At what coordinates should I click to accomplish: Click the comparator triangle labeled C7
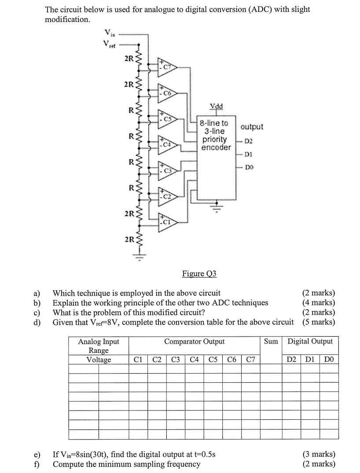(167, 67)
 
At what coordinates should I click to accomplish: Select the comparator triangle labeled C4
(167, 144)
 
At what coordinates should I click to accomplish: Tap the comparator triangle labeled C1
(167, 221)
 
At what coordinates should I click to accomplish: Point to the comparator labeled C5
(167, 118)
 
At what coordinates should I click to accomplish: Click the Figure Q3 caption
(199, 274)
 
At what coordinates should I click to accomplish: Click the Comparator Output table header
(194, 341)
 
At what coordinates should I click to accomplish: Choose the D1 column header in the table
(310, 359)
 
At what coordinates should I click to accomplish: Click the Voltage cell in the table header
(99, 359)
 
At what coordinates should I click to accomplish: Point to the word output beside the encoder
(252, 127)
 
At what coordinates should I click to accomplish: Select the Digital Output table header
(310, 341)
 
